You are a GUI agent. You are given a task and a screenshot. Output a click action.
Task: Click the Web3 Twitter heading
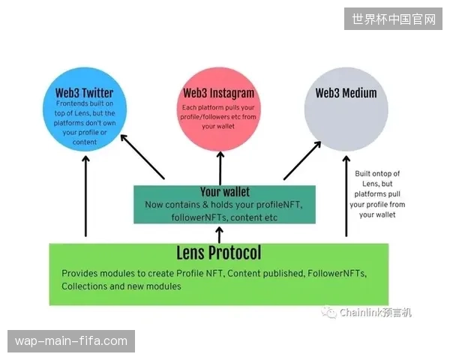click(x=84, y=93)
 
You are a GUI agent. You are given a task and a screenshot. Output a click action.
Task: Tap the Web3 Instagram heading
click(x=219, y=93)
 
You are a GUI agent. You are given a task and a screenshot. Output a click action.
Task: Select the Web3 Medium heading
click(x=346, y=93)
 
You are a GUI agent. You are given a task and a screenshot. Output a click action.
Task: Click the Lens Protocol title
click(x=219, y=253)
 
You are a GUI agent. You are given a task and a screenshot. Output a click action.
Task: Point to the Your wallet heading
click(x=225, y=192)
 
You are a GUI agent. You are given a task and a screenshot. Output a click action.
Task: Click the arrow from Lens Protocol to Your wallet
click(x=220, y=235)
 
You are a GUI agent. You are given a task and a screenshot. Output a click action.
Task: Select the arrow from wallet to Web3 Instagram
click(x=220, y=168)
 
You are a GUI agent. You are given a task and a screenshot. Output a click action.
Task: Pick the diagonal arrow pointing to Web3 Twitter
click(x=142, y=157)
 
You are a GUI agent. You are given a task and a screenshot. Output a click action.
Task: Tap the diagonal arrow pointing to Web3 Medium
click(x=302, y=160)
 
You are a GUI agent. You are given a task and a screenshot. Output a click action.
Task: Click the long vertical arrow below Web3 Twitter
click(x=85, y=196)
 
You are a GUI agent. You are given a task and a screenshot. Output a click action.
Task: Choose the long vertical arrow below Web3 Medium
click(x=346, y=196)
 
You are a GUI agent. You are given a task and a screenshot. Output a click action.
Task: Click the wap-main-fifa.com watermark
click(x=71, y=341)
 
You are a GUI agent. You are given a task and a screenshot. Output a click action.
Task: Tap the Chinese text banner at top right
click(x=393, y=19)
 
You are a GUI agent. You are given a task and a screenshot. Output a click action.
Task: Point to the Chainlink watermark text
click(x=376, y=312)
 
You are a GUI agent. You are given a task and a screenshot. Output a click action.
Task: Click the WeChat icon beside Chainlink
click(x=329, y=312)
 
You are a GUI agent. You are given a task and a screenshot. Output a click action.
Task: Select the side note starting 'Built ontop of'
click(x=377, y=194)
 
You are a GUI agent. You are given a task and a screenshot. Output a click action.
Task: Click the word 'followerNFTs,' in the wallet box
click(x=199, y=217)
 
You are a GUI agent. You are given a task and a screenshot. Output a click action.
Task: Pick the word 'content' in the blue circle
click(x=85, y=142)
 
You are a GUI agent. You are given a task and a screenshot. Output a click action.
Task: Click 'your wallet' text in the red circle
click(x=218, y=126)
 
